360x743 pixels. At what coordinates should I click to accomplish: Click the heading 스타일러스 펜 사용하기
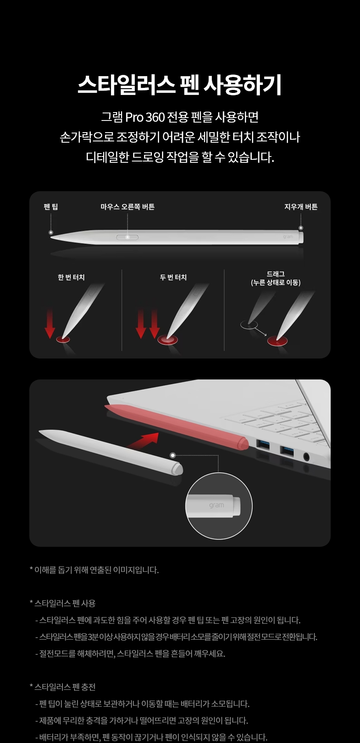180,85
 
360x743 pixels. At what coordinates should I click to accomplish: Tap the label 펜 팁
51,207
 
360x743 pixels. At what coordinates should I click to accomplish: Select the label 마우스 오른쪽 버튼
128,207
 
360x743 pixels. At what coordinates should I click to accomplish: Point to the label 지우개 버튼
301,207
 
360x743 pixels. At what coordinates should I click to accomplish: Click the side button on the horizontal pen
127,237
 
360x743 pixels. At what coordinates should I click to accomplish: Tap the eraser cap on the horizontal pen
301,237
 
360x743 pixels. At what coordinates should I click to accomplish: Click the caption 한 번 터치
71,277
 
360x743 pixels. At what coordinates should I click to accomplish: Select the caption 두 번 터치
173,277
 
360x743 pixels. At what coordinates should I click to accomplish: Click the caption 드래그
276,274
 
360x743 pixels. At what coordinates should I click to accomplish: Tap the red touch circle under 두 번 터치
168,339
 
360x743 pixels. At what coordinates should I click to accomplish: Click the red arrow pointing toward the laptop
144,440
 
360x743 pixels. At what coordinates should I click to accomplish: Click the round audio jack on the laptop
306,456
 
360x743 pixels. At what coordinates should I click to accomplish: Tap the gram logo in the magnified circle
216,505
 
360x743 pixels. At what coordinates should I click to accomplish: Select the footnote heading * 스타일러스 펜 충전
63,687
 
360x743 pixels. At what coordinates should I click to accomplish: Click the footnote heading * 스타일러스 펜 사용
63,603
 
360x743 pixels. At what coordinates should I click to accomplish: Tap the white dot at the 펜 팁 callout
51,232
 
